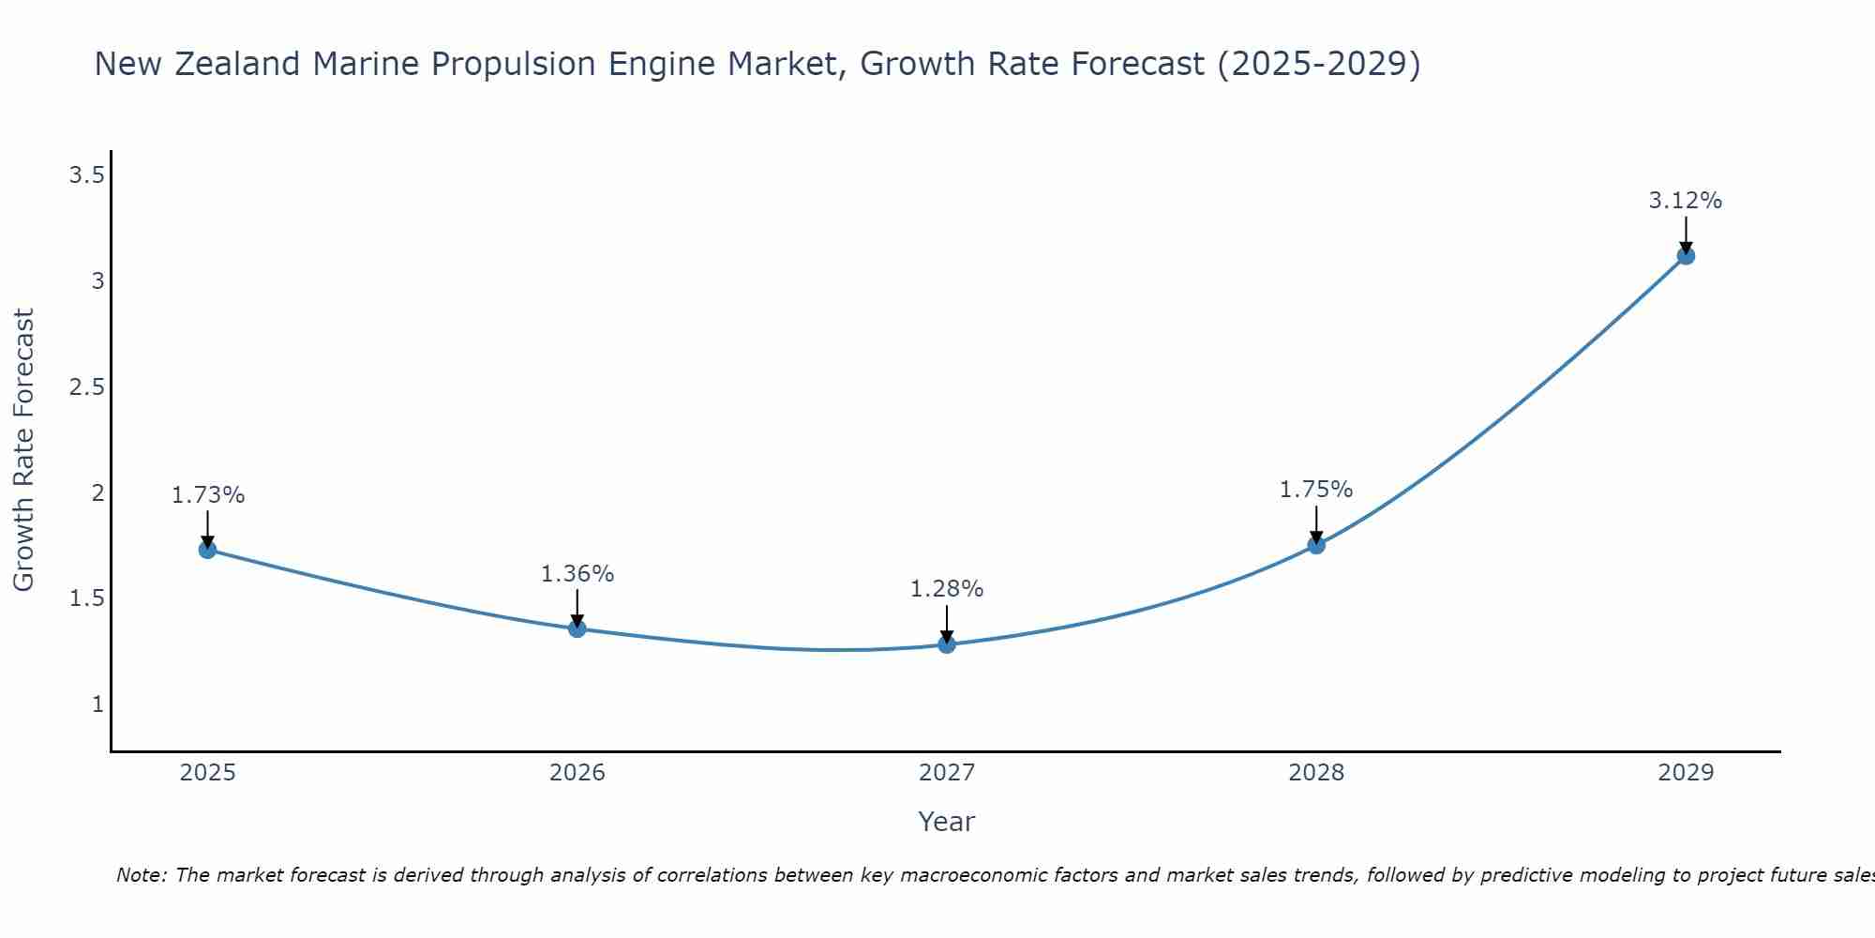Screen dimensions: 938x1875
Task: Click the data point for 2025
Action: coord(207,550)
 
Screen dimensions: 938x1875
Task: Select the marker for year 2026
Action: coord(577,628)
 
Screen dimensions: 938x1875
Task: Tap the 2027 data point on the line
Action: coord(947,644)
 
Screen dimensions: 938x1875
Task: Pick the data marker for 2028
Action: coord(1316,545)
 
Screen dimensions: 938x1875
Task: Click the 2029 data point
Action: coord(1686,255)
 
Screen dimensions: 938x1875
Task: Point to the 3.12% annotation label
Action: coord(1686,201)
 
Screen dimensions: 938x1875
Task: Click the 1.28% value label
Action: coord(947,589)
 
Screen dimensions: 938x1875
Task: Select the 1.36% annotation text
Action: coord(577,574)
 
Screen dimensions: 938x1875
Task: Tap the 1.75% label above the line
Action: coord(1316,490)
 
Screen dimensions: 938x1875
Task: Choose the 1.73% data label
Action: coord(207,495)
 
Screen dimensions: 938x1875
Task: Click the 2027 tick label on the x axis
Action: coord(947,773)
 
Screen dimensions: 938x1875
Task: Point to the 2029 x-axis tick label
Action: coord(1686,773)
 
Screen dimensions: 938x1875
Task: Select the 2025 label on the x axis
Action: coord(207,773)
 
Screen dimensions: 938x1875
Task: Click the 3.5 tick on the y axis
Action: coord(86,175)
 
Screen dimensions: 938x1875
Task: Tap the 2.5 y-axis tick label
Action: coord(86,387)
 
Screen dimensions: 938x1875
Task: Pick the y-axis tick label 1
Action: coord(97,704)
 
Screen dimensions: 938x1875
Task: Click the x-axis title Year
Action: coord(947,822)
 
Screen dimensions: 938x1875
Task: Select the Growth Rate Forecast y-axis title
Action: coord(23,450)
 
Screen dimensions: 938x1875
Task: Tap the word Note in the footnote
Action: coord(141,875)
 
